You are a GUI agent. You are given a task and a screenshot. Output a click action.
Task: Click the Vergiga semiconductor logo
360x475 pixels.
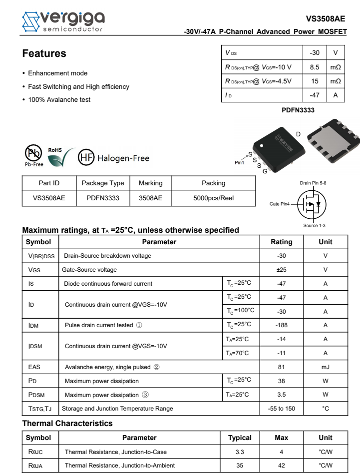pyautogui.click(x=63, y=21)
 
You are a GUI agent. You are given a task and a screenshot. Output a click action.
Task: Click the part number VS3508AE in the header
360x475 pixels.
pyautogui.click(x=326, y=19)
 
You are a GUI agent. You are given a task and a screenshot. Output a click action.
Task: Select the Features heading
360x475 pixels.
pyautogui.click(x=44, y=53)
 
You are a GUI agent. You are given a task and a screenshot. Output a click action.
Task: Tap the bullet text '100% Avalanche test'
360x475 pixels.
pyautogui.click(x=59, y=99)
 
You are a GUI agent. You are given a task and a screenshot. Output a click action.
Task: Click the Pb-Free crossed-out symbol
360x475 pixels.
pyautogui.click(x=33, y=153)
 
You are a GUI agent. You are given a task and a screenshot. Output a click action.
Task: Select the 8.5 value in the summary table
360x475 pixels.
pyautogui.click(x=314, y=67)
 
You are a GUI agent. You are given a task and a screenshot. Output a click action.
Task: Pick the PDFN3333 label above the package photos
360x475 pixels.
pyautogui.click(x=298, y=110)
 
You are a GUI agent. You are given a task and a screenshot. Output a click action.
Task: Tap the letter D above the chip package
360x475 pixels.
pyautogui.click(x=298, y=134)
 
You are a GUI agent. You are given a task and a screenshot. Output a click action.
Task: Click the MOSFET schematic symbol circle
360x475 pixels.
pyautogui.click(x=312, y=204)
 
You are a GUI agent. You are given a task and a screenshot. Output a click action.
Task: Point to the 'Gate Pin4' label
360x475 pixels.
pyautogui.click(x=280, y=204)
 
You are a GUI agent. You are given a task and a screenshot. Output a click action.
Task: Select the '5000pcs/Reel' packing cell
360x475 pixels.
pyautogui.click(x=213, y=198)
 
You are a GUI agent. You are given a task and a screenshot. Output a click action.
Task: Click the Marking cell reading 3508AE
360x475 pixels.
pyautogui.click(x=150, y=198)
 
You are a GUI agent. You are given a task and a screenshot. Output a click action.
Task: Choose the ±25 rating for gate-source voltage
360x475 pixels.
pyautogui.click(x=281, y=270)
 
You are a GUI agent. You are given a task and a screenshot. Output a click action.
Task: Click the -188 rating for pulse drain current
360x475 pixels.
pyautogui.click(x=281, y=325)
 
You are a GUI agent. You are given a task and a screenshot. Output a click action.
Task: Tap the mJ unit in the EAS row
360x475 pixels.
pyautogui.click(x=325, y=367)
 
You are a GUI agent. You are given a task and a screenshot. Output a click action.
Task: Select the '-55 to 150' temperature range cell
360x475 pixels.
pyautogui.click(x=281, y=409)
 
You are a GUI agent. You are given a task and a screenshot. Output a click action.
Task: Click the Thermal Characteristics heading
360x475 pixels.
pyautogui.click(x=67, y=424)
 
